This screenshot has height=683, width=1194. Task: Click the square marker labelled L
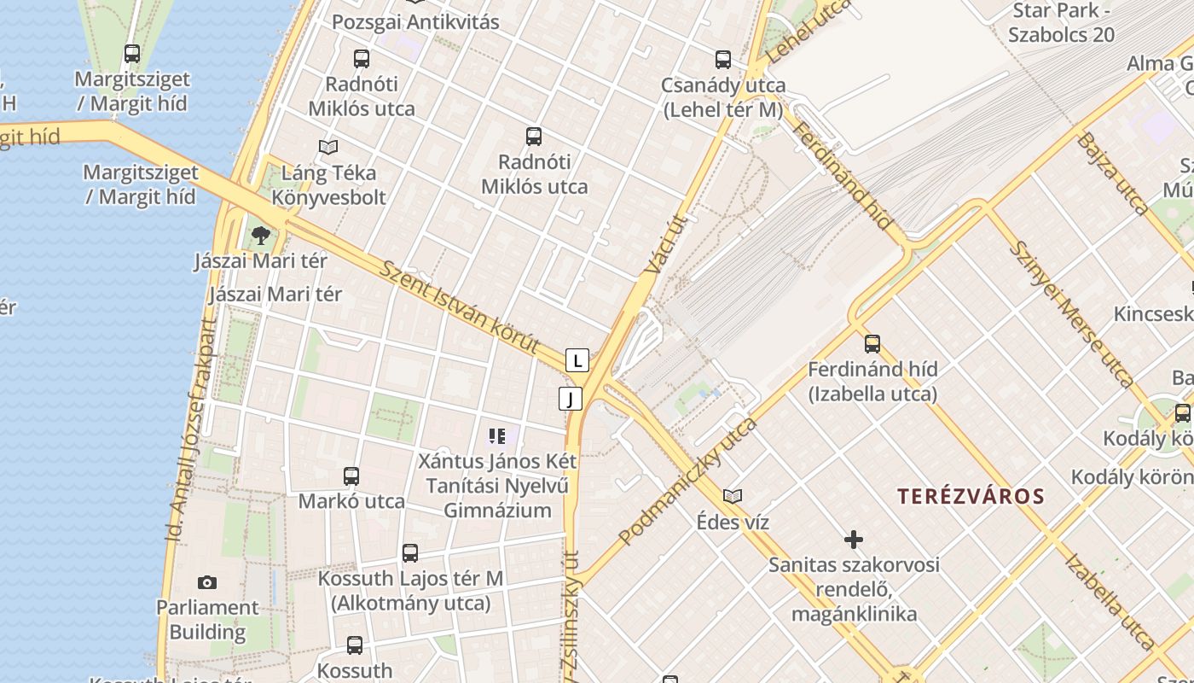click(x=577, y=360)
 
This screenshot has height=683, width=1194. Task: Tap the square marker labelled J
click(x=571, y=399)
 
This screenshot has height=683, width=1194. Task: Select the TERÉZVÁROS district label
click(x=971, y=497)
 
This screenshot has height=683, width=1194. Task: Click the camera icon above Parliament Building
click(x=206, y=582)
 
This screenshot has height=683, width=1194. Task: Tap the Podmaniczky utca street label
click(x=687, y=482)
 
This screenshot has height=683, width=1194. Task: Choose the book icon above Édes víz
click(x=732, y=496)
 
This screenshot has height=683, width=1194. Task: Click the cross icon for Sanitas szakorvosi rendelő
click(x=853, y=540)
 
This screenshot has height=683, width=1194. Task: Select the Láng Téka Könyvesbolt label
click(x=328, y=185)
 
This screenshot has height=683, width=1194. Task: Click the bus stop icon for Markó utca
click(x=351, y=476)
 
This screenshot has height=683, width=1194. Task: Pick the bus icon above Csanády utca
click(x=723, y=60)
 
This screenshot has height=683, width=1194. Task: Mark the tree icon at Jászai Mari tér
click(x=261, y=235)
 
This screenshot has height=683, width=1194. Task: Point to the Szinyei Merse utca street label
click(x=1070, y=313)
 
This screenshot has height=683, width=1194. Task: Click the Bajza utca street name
click(x=1112, y=172)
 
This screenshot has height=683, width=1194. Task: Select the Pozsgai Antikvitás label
click(x=415, y=22)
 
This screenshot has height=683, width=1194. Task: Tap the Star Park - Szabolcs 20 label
click(x=1061, y=23)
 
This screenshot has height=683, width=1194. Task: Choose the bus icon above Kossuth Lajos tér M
click(x=410, y=553)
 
